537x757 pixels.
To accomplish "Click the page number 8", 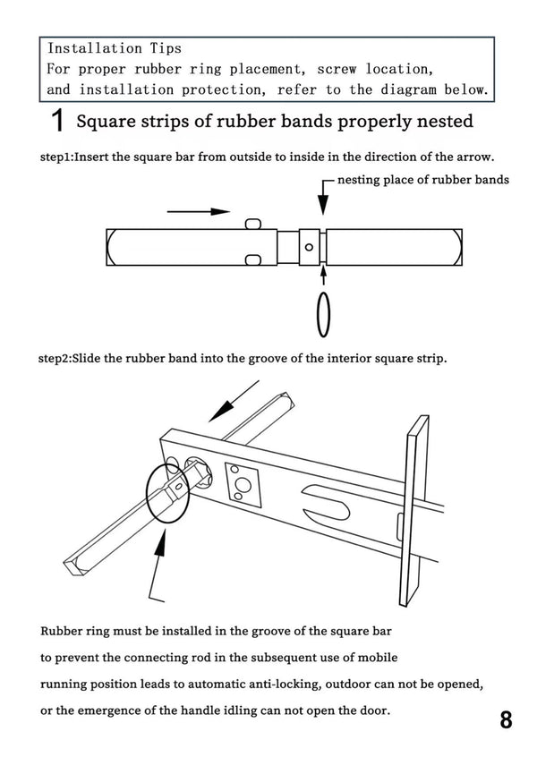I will [x=506, y=720].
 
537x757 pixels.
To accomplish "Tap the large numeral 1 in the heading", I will [x=57, y=120].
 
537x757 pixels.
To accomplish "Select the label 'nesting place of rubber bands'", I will [x=423, y=179].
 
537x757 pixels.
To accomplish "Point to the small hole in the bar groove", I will [x=309, y=246].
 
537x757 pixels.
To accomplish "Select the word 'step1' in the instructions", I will [x=55, y=156].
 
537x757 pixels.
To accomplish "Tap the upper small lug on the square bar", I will [x=253, y=223].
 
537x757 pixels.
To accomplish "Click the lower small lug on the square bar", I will [x=253, y=260].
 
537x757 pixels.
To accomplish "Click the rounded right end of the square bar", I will [x=457, y=246].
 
